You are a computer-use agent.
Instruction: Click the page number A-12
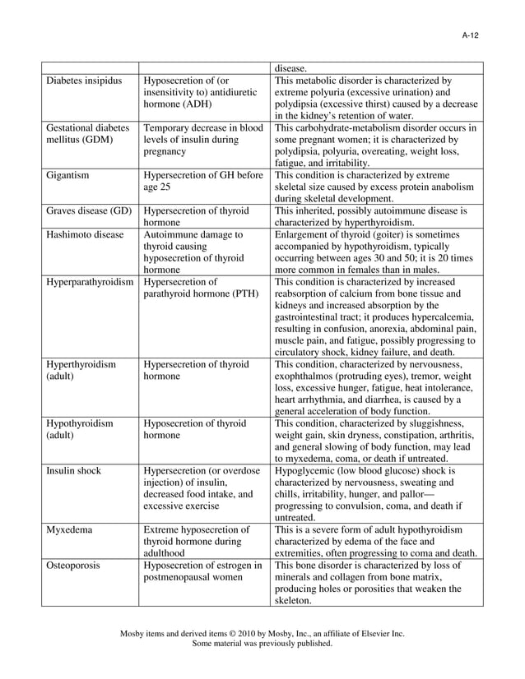470,35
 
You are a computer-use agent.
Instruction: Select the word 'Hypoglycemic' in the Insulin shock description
308,470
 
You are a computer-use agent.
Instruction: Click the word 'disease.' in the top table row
293,68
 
